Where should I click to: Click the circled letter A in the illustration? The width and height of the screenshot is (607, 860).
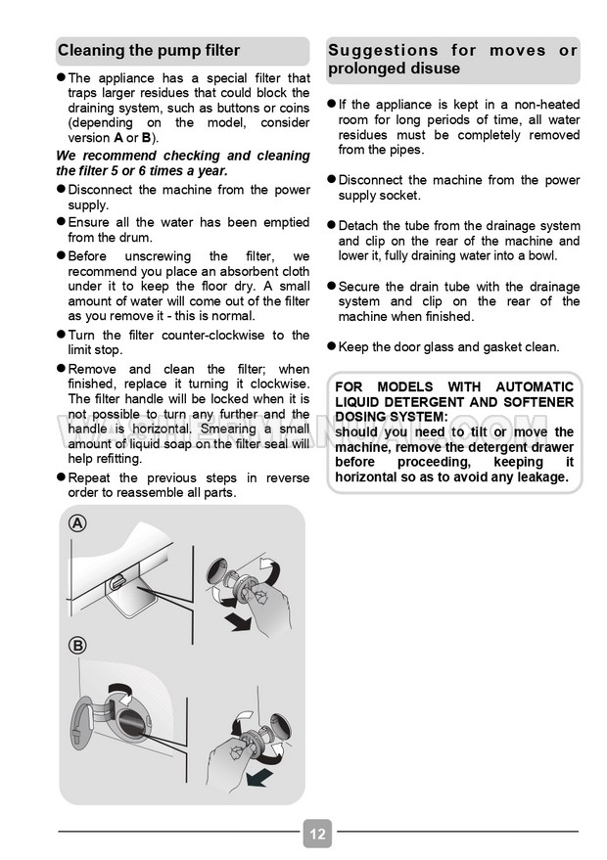click(77, 523)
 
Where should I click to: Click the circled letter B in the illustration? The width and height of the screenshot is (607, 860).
click(77, 645)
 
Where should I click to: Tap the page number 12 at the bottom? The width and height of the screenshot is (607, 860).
click(317, 835)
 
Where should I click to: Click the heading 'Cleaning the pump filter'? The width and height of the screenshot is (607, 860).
click(149, 51)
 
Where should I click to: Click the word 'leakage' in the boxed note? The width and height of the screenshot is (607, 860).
click(537, 476)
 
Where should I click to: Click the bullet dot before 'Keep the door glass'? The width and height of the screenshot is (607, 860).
click(331, 345)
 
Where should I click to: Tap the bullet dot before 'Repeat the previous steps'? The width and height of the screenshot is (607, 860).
click(61, 477)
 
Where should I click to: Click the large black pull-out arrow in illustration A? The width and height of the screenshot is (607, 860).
click(235, 622)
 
